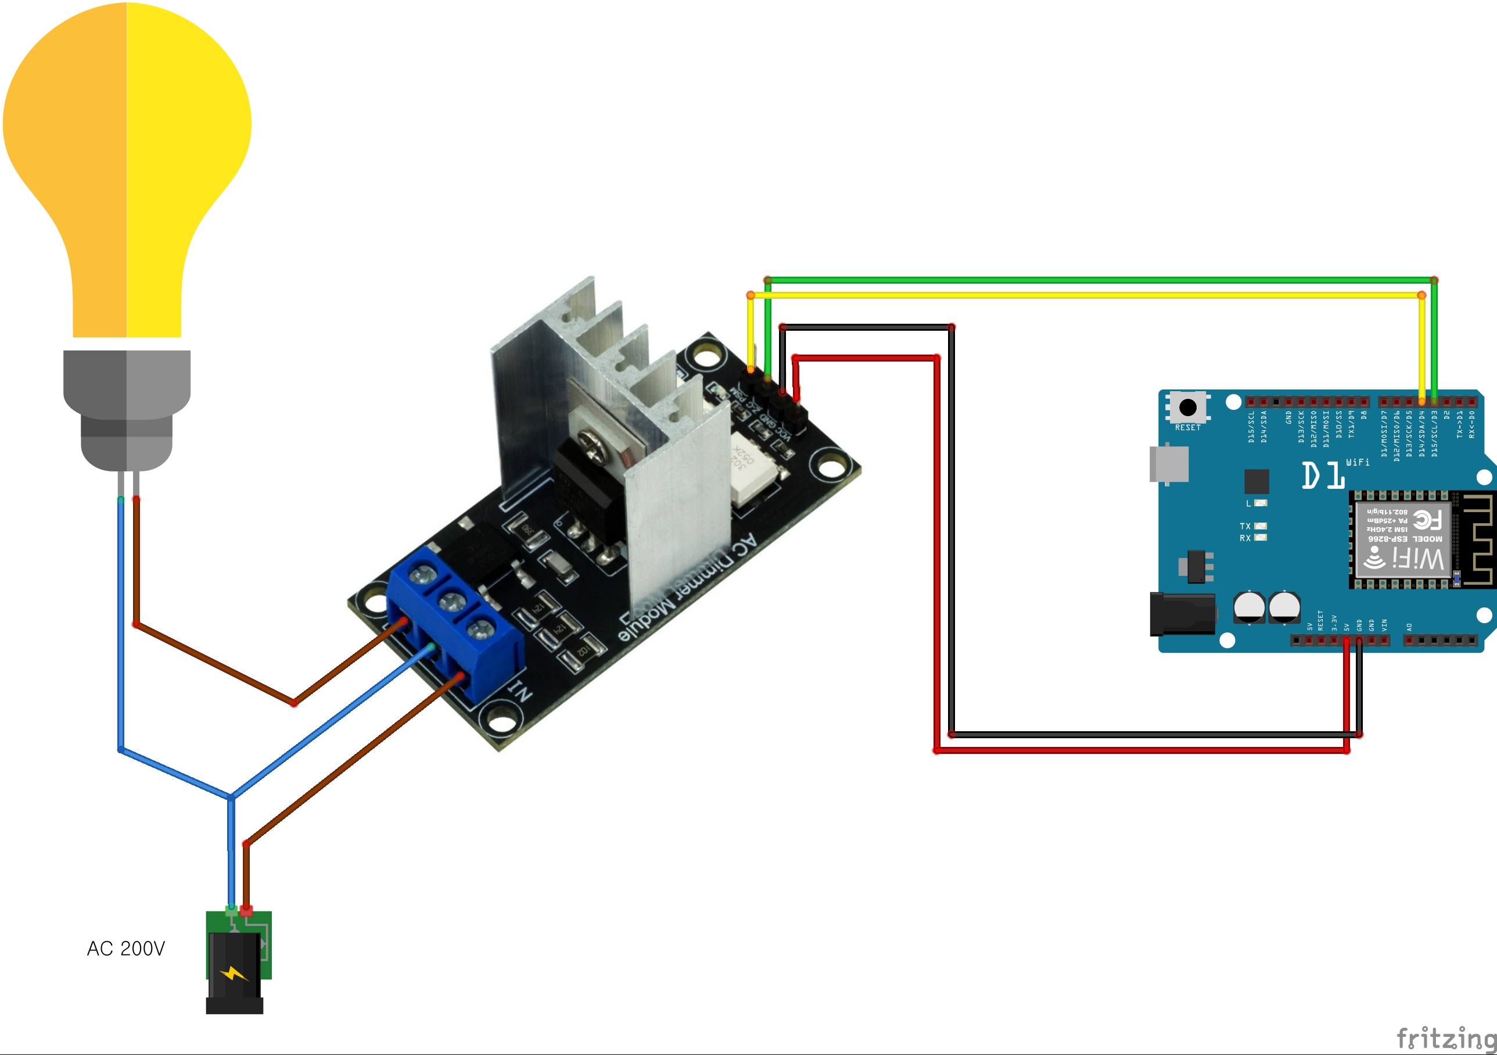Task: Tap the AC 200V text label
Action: tap(126, 948)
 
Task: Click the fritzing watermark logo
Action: tap(1445, 1037)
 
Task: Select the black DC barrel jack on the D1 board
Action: tap(1182, 614)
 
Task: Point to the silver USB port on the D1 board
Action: tap(1169, 464)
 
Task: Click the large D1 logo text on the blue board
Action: tap(1323, 475)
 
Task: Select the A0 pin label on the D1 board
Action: tap(1409, 627)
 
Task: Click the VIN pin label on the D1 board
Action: tap(1384, 624)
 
